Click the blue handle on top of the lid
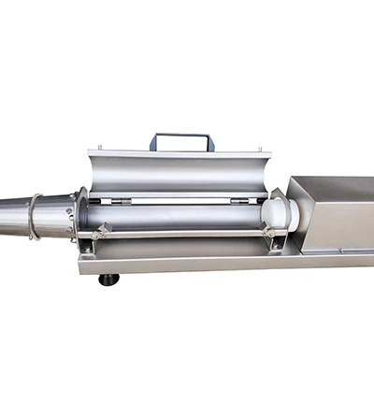pos(181,137)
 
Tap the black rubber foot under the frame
pos(109,279)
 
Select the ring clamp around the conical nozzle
pos(34,217)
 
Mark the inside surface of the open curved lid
pos(178,173)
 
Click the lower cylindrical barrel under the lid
pos(178,220)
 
